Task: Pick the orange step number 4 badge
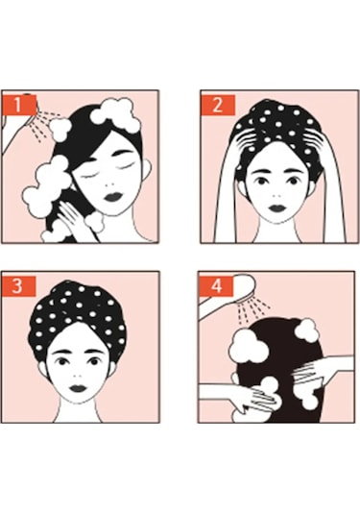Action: coord(215,285)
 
